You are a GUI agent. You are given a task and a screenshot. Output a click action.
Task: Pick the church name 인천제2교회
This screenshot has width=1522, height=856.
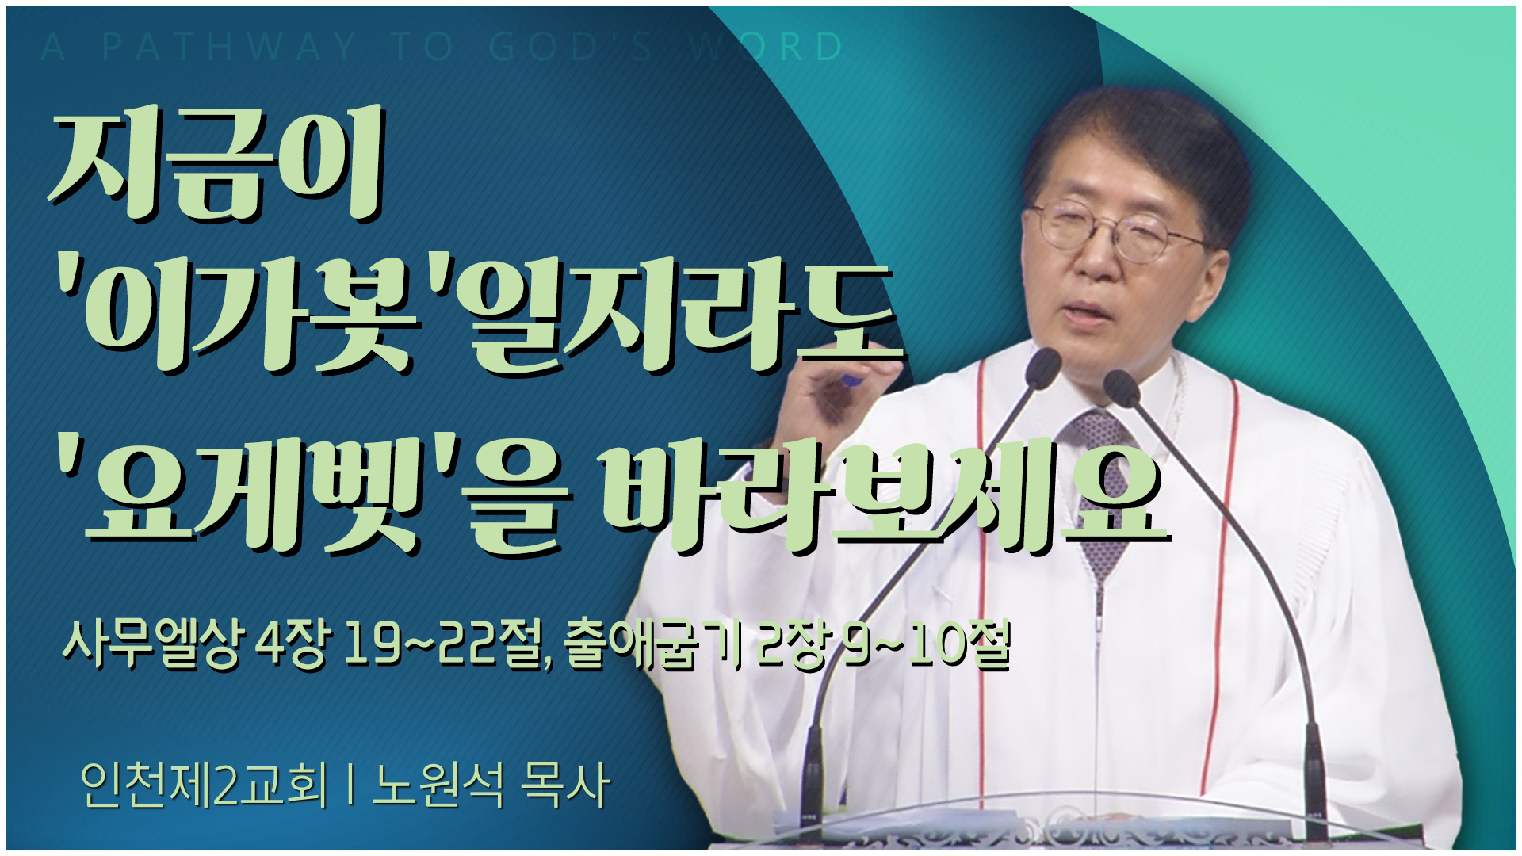coord(203,784)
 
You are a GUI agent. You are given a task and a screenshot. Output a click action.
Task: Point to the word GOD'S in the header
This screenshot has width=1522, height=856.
coord(571,47)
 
